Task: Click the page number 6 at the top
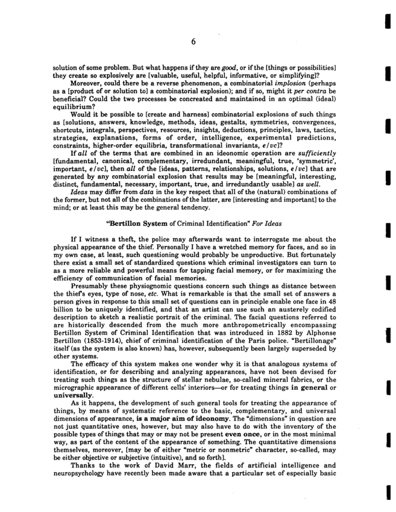(x=193, y=42)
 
